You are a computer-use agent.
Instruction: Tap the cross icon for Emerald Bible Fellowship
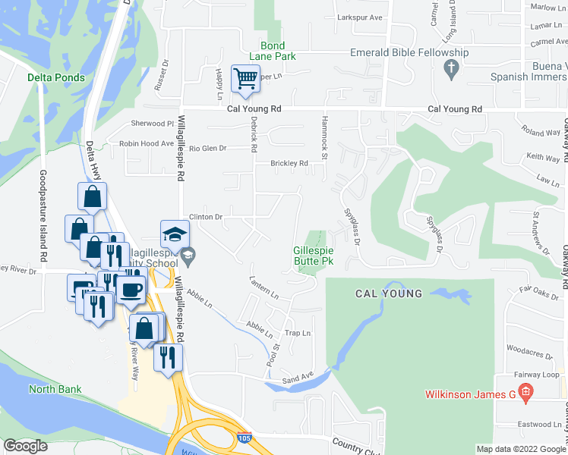tap(452, 70)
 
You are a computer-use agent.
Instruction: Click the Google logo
tap(25, 446)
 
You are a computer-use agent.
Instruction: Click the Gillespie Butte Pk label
tap(314, 256)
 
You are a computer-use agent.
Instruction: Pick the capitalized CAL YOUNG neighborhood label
tap(389, 293)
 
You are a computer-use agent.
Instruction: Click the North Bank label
tap(55, 390)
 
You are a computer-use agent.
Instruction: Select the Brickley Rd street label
tap(289, 163)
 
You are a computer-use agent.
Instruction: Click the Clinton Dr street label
tap(205, 217)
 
